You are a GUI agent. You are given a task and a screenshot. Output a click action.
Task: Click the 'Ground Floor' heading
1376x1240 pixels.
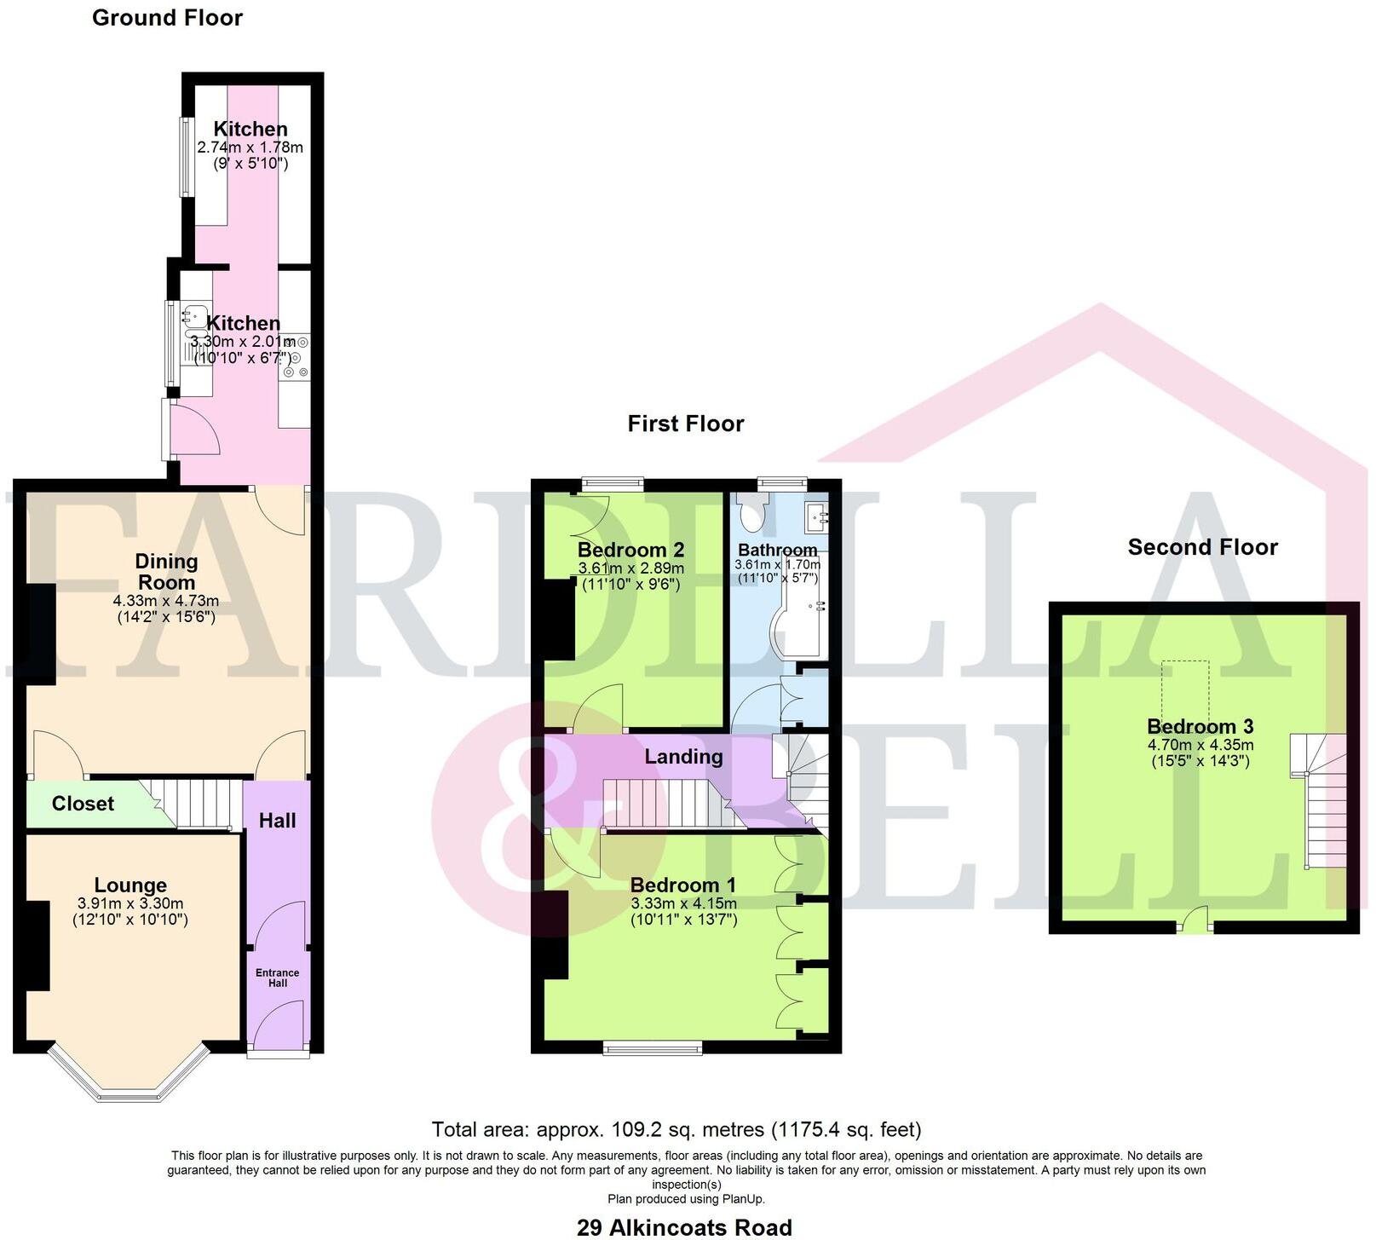click(x=167, y=18)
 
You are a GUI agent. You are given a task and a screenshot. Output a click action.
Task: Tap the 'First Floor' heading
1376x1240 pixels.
click(x=685, y=424)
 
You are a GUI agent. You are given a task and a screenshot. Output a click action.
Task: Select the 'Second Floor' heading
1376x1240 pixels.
click(x=1202, y=547)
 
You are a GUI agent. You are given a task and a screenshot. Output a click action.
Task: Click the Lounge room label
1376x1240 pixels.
click(x=130, y=885)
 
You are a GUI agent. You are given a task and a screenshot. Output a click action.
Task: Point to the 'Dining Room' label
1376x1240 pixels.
click(x=166, y=572)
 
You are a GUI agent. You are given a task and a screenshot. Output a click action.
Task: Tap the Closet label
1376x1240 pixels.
click(x=83, y=804)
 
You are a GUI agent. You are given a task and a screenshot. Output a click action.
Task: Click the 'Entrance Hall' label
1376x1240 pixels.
click(x=278, y=978)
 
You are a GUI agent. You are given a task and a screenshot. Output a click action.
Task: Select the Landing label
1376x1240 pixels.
click(x=683, y=757)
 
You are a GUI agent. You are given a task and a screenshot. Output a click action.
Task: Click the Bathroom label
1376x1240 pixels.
click(x=777, y=550)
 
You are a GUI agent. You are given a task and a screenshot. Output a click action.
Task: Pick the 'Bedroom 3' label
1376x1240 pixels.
click(x=1200, y=727)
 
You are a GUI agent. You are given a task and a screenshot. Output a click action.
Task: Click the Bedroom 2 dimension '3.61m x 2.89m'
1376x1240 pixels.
click(x=630, y=568)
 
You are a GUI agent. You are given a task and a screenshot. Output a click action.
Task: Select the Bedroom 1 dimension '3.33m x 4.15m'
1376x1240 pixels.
click(x=683, y=903)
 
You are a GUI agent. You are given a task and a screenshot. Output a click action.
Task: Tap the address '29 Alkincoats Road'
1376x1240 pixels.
click(x=684, y=1227)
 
